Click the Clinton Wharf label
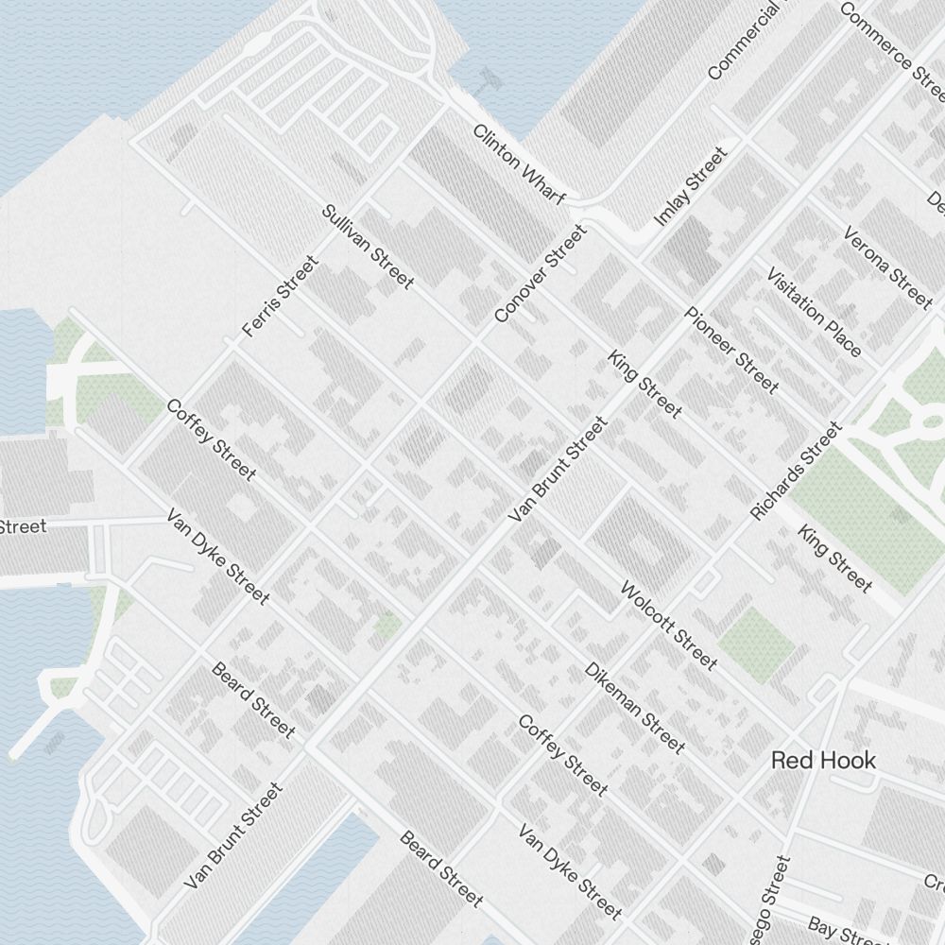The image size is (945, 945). coord(519,164)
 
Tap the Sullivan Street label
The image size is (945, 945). coord(368,247)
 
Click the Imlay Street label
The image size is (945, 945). coord(691,187)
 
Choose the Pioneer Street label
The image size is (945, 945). coord(732,351)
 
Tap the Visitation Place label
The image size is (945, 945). coord(814,313)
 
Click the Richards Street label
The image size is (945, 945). coord(796,471)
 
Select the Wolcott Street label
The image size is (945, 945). coord(668,625)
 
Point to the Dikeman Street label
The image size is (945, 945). coord(634,707)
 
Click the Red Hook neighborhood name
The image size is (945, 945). coord(823,760)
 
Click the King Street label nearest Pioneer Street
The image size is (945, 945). coord(644,384)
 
